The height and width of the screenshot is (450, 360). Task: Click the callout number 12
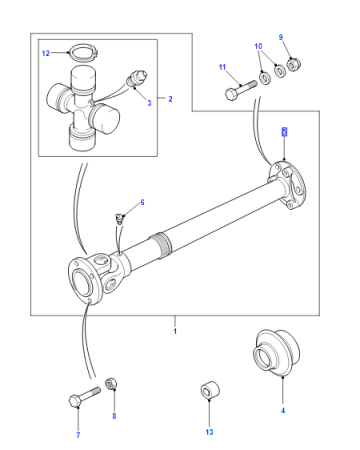coord(46,53)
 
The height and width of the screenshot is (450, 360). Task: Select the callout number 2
coord(170,99)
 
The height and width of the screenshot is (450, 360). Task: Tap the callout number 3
coord(149,103)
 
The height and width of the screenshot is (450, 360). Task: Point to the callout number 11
coord(222,67)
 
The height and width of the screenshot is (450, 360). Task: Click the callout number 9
coord(281,37)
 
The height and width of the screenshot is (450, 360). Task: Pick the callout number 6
coord(142,202)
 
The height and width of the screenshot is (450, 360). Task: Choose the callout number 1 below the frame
coord(175,331)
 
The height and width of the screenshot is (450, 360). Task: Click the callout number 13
coord(209,432)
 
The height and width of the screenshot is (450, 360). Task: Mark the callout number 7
coord(78,435)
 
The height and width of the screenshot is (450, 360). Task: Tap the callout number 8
coord(114,416)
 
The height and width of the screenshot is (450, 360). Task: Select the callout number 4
coord(283,410)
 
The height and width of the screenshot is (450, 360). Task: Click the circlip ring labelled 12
coord(83,53)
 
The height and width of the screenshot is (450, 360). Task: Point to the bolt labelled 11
coord(241,89)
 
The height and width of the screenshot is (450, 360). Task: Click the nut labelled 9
coord(294,64)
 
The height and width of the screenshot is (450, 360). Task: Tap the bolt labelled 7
coord(85,396)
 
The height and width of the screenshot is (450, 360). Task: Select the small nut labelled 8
coord(111,383)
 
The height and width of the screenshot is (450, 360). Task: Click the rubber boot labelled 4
coord(276,353)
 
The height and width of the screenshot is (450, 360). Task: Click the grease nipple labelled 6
coord(119,218)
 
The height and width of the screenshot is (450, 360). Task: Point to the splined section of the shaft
coord(161,245)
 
